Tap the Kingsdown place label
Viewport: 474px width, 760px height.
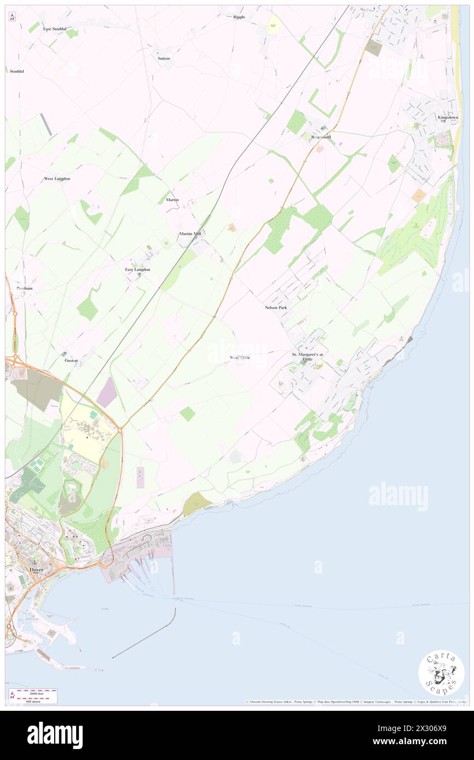pyautogui.click(x=448, y=118)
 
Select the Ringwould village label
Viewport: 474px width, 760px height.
pyautogui.click(x=321, y=137)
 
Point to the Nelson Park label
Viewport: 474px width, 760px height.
pyautogui.click(x=275, y=308)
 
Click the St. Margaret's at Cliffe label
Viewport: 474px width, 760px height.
pyautogui.click(x=307, y=356)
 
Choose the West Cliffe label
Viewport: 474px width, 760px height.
pyautogui.click(x=240, y=358)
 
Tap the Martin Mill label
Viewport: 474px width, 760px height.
pyautogui.click(x=190, y=233)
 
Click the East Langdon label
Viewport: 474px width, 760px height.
pyautogui.click(x=137, y=270)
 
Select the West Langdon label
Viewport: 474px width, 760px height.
pyautogui.click(x=57, y=179)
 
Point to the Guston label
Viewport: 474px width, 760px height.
pyautogui.click(x=71, y=361)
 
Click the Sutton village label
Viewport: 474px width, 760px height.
pyautogui.click(x=164, y=58)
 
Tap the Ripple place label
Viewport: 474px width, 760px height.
pyautogui.click(x=239, y=17)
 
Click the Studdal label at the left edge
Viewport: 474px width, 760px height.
pyautogui.click(x=16, y=71)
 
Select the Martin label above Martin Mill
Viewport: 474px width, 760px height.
pyautogui.click(x=172, y=200)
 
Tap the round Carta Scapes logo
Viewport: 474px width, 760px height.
pyautogui.click(x=441, y=673)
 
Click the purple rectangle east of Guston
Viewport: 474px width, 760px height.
pyautogui.click(x=107, y=392)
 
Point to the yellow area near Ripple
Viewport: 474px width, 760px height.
pyautogui.click(x=273, y=23)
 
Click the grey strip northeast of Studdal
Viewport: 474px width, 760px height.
pyautogui.click(x=47, y=125)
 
